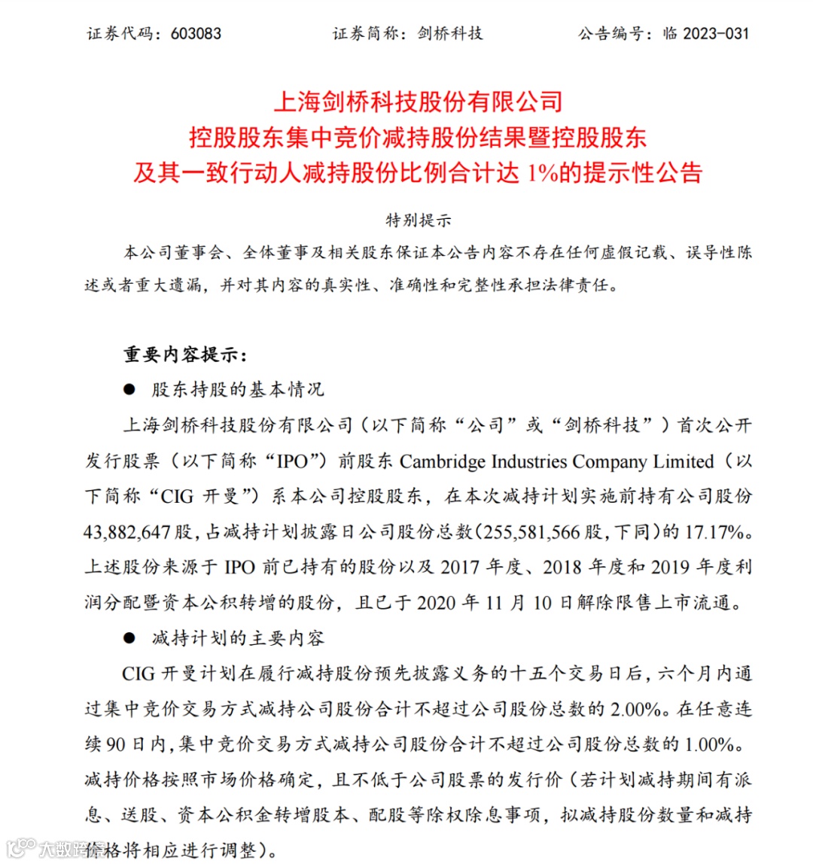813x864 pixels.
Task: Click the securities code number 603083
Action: coord(196,33)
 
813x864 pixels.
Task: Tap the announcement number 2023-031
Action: coord(716,33)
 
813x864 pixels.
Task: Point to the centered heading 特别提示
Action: coord(418,221)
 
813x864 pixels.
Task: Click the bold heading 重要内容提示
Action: coord(184,354)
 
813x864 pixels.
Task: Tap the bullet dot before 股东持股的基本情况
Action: coord(130,390)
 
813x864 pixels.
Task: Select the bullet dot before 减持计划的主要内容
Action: coord(130,638)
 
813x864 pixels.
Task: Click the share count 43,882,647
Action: coord(127,532)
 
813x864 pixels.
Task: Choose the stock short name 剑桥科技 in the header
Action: coord(450,33)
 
